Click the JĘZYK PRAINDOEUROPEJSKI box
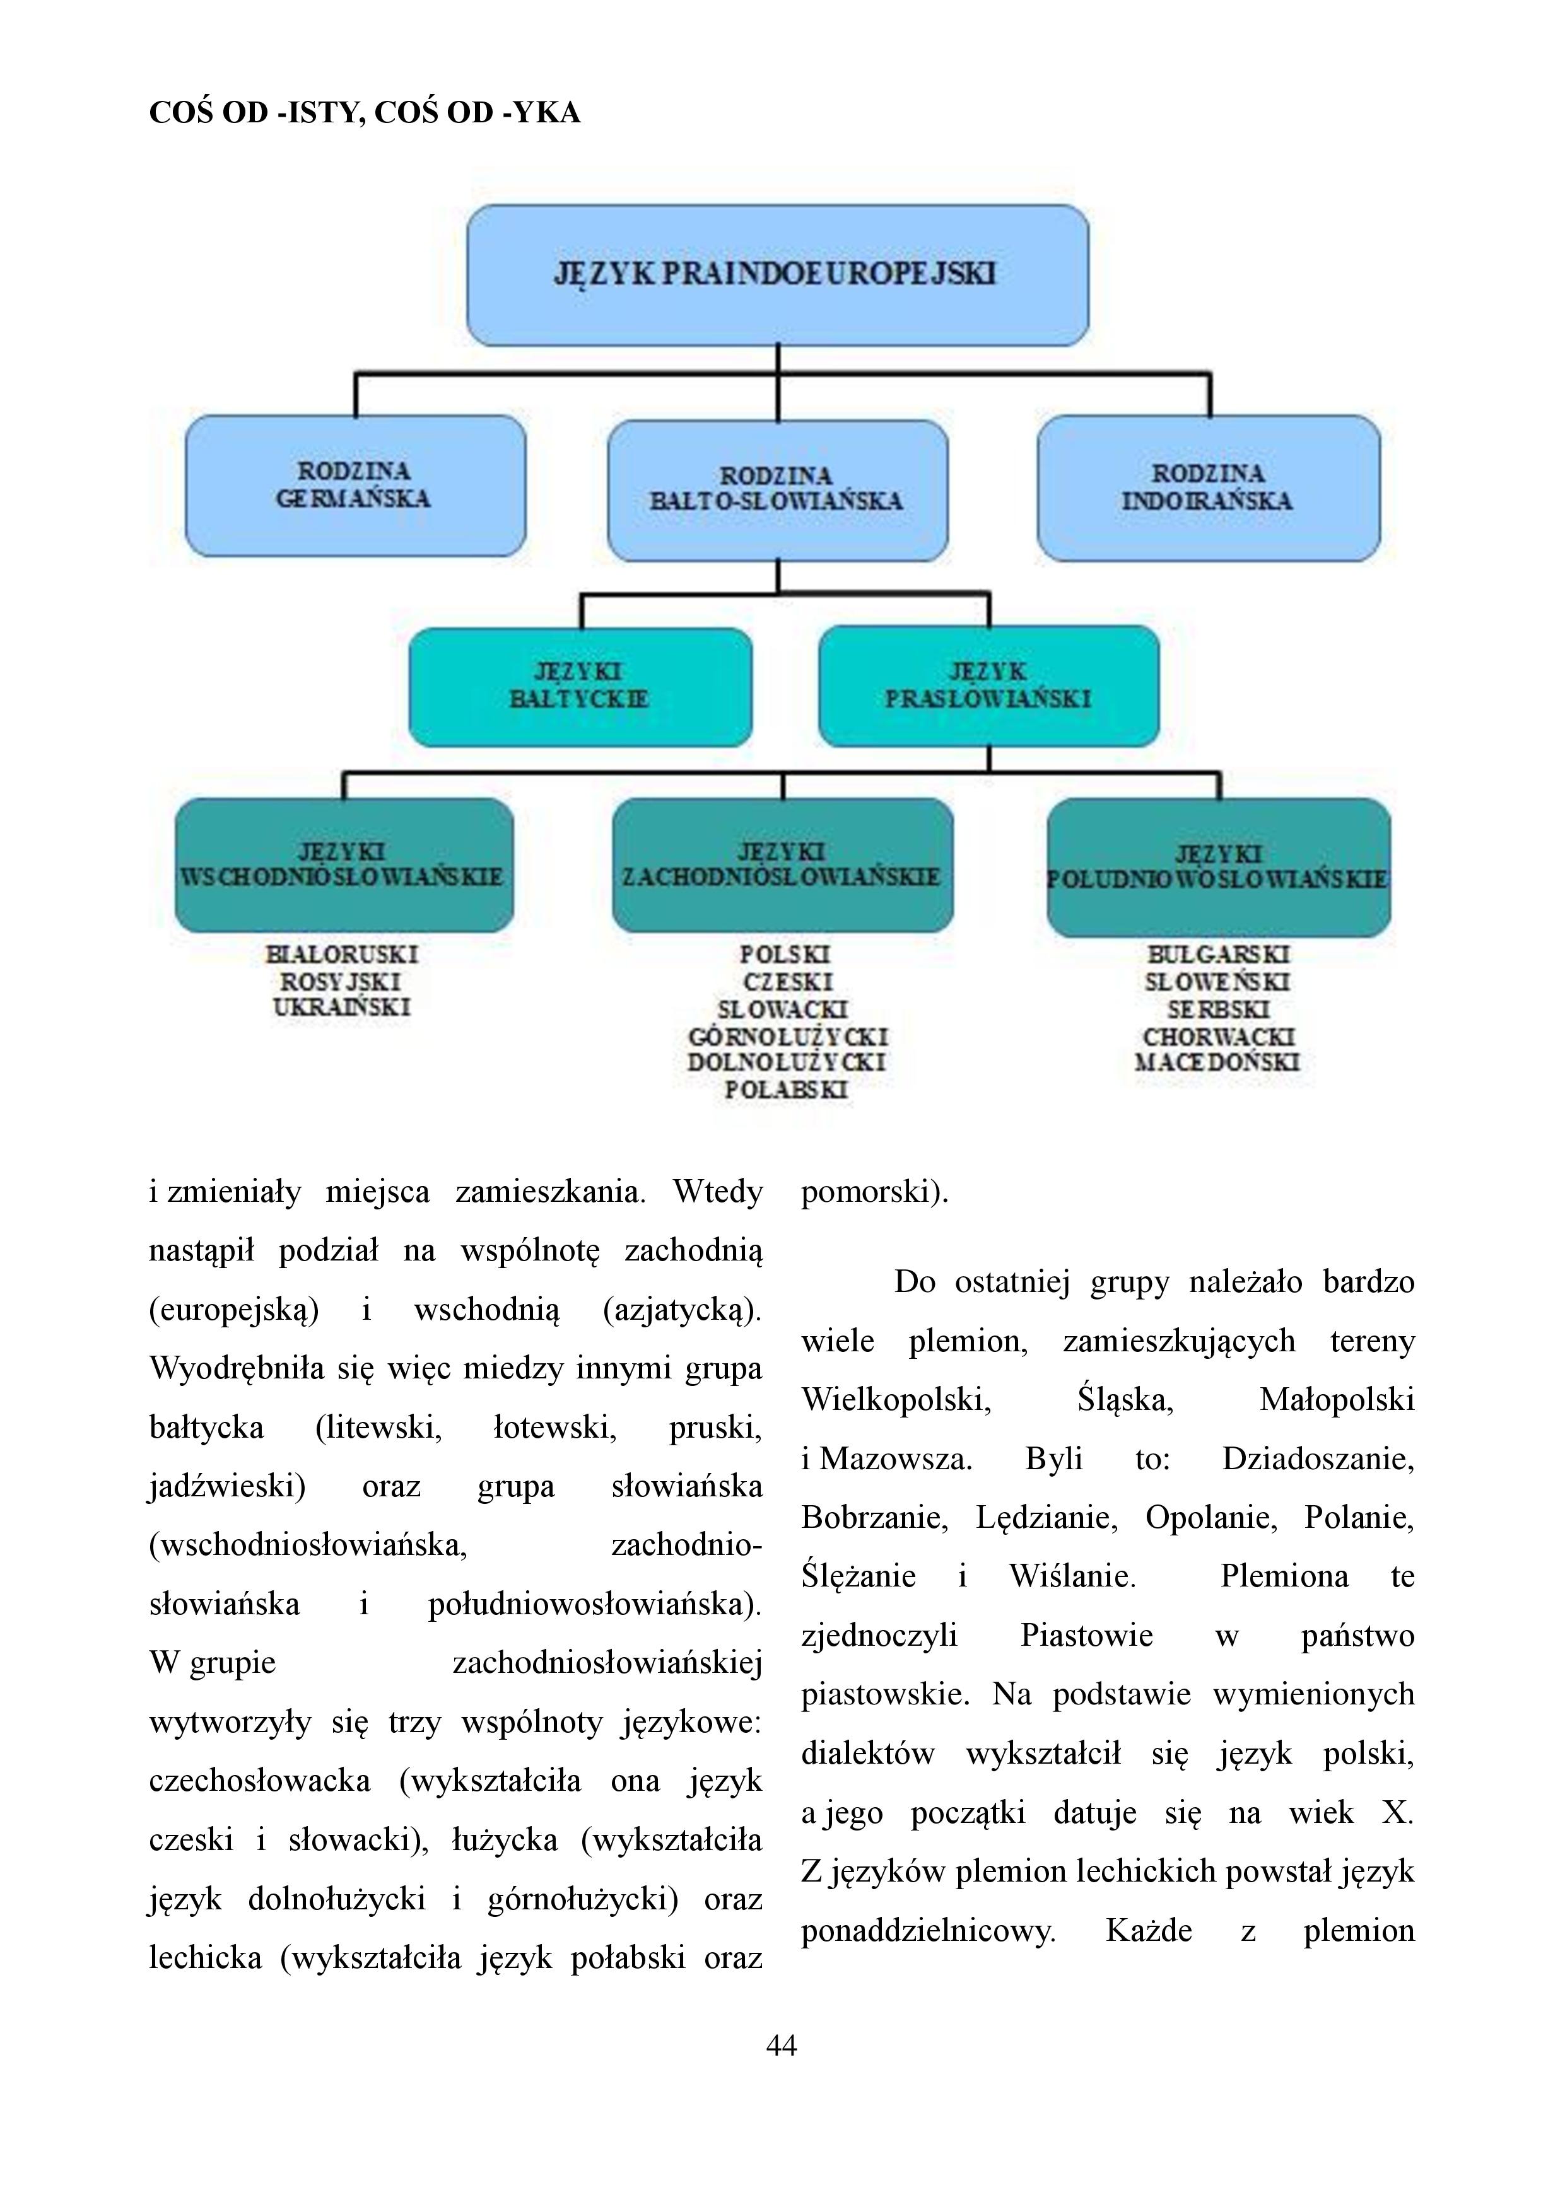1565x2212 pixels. [x=778, y=274]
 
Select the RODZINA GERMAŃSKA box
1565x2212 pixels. [x=356, y=486]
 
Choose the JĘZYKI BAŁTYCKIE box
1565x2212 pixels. [x=580, y=687]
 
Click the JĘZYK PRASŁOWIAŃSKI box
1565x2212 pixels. [x=988, y=686]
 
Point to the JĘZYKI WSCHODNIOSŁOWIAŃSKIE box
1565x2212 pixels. [x=344, y=864]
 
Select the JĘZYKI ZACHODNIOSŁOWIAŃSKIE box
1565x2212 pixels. [x=782, y=864]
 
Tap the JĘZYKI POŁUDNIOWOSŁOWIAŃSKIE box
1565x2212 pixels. [x=1219, y=867]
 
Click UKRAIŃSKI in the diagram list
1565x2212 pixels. [x=342, y=1008]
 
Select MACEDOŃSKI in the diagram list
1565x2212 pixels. [x=1217, y=1062]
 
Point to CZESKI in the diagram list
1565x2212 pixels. [x=787, y=982]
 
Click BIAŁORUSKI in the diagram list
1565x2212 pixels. [x=342, y=955]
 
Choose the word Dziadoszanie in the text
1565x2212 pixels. [x=1318, y=1458]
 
